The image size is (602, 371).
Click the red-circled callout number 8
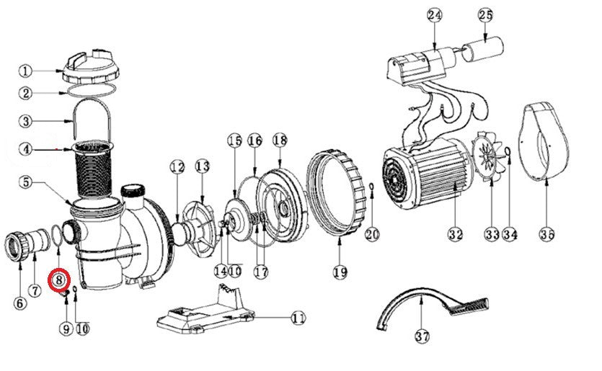[58, 280]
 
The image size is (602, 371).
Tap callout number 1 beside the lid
[25, 71]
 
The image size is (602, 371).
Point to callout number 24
[435, 15]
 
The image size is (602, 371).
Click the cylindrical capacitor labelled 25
[482, 49]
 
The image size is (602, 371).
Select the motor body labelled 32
[426, 173]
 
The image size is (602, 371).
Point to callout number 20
[371, 233]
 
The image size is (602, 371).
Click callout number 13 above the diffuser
[203, 166]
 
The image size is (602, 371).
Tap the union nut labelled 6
[17, 246]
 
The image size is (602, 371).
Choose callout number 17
[261, 272]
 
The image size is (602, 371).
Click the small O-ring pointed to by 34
[508, 151]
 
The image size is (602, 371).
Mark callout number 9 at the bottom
[66, 328]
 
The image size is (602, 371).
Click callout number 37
[422, 336]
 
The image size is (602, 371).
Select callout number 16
[254, 140]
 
